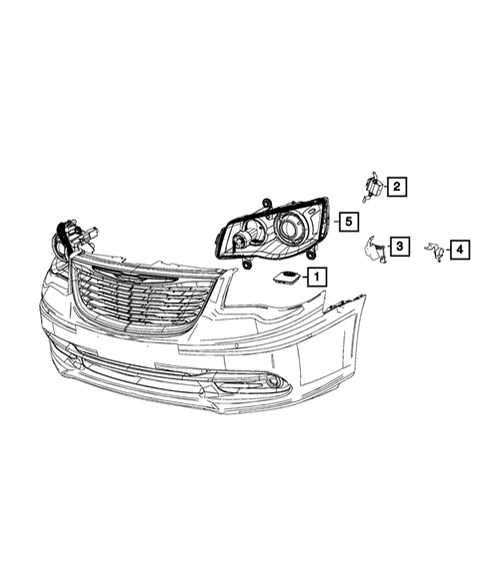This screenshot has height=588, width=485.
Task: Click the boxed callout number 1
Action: pos(315,275)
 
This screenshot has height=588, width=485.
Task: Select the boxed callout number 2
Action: pos(397,186)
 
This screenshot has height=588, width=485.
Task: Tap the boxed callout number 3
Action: pos(397,246)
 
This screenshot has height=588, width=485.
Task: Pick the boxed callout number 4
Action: pos(459,250)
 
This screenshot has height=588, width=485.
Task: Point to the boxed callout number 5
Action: pos(349,222)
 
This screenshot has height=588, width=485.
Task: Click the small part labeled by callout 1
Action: pos(285,277)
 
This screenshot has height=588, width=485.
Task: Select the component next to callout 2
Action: pos(372,188)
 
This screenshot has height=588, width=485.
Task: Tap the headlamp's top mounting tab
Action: pos(267,204)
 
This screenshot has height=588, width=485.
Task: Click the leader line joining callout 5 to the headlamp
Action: pos(335,222)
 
